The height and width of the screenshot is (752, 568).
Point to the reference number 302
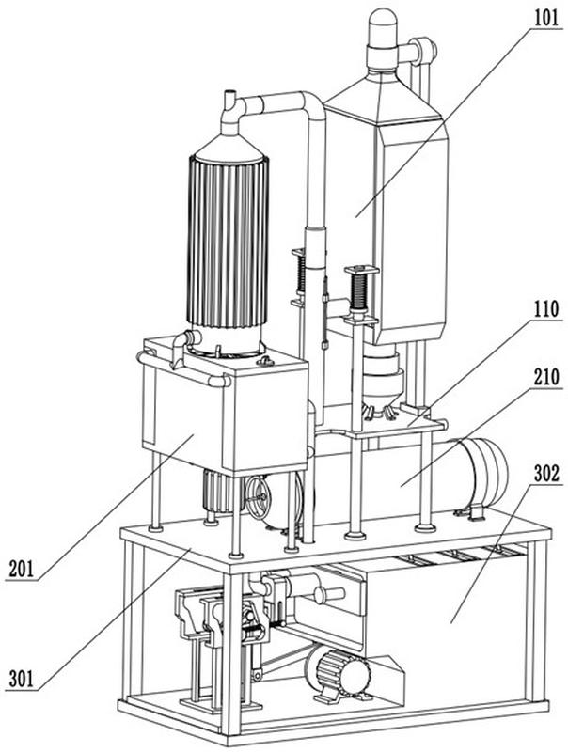click(x=543, y=475)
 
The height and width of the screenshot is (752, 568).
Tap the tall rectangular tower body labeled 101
click(x=386, y=226)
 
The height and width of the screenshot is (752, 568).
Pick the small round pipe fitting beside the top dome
click(x=424, y=48)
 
